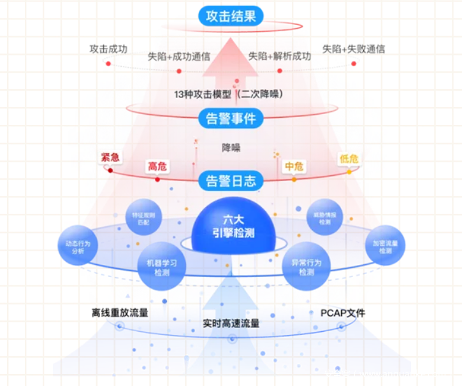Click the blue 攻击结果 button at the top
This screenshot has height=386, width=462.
click(230, 15)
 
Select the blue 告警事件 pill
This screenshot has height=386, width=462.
click(231, 118)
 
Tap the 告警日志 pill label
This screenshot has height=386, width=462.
click(231, 180)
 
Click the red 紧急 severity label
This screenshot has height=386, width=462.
click(110, 157)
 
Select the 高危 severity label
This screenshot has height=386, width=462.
click(157, 166)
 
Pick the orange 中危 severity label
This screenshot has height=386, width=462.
click(294, 166)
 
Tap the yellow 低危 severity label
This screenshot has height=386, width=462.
click(349, 159)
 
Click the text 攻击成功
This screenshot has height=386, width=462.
click(108, 48)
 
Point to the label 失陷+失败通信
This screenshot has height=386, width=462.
click(354, 48)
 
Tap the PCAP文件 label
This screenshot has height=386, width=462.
click(343, 313)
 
